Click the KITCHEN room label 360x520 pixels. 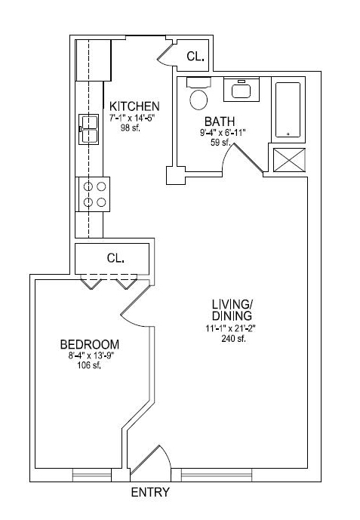[134, 106]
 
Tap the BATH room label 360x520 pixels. [220, 122]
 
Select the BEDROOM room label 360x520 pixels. [90, 345]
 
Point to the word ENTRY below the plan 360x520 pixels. [150, 492]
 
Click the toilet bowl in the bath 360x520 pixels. [198, 100]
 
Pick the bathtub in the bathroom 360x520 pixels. [288, 109]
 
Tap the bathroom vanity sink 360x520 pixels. [242, 89]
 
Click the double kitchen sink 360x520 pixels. [88, 129]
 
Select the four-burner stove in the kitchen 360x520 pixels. [94, 194]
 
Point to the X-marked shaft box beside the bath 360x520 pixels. [289, 160]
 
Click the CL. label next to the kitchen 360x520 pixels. [195, 57]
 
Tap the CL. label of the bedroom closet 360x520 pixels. [115, 258]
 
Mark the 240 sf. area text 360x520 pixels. [233, 339]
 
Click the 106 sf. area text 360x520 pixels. [89, 365]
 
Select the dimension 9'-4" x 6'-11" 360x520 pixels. [222, 133]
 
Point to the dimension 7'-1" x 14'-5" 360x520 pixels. [132, 118]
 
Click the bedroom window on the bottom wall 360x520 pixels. [92, 475]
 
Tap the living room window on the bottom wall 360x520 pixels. [217, 475]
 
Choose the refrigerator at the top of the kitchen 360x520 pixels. [93, 60]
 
